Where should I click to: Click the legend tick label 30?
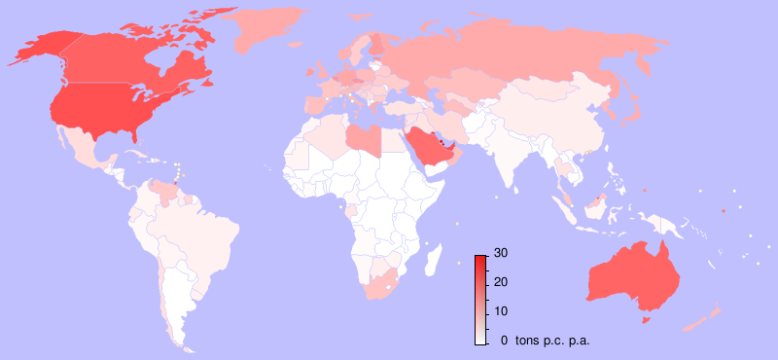point(500,253)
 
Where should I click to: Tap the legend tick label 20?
point(500,282)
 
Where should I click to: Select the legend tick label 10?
point(500,311)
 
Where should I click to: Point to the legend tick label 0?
point(503,341)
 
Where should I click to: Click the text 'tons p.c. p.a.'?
point(551,341)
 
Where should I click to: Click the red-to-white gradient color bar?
point(480,299)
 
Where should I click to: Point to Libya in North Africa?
point(365,139)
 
